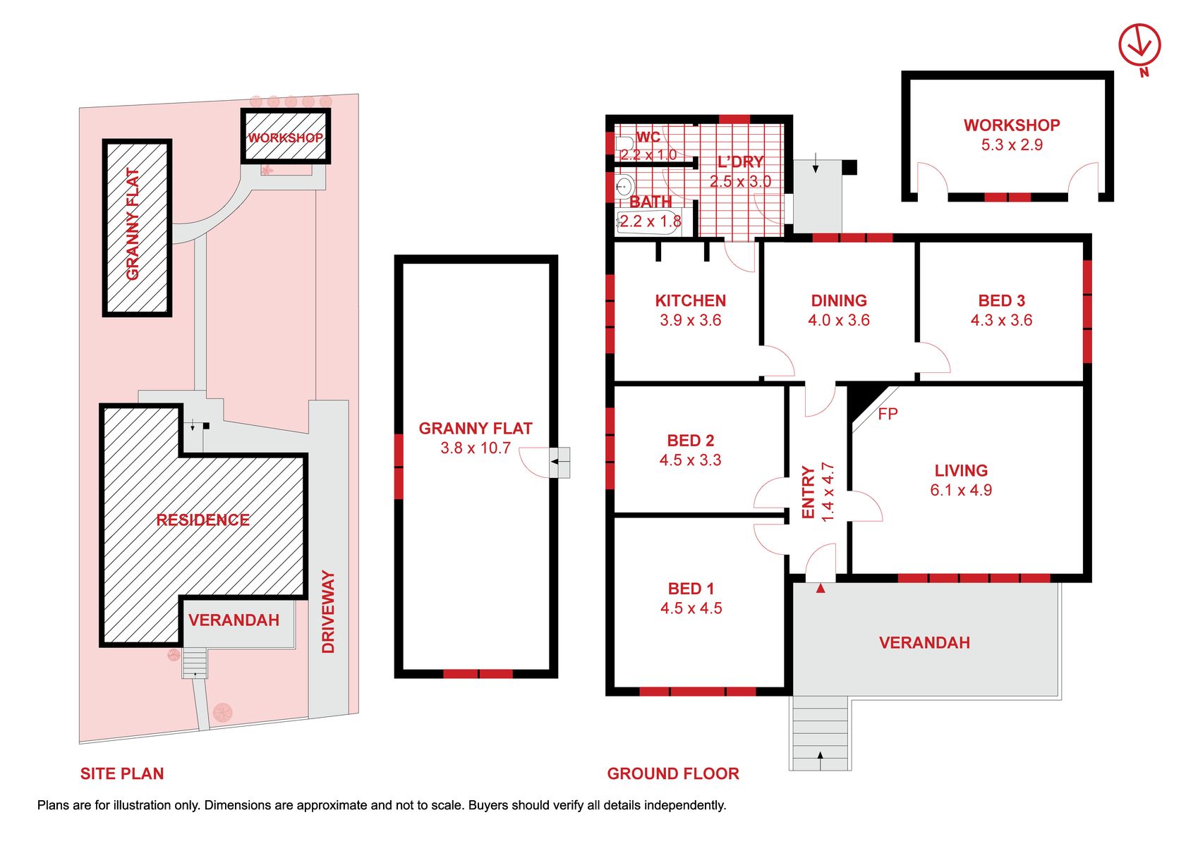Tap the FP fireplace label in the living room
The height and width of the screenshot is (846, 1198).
point(888,414)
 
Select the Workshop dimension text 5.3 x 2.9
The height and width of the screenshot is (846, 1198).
point(1012,145)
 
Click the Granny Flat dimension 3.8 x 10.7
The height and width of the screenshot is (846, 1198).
point(476,448)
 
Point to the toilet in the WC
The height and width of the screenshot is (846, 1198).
point(624,143)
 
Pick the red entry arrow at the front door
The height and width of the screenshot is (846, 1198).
point(821,589)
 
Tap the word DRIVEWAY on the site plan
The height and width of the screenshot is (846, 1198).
point(328,611)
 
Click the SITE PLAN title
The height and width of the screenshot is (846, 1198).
point(122,773)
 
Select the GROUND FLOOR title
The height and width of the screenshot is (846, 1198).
point(673,773)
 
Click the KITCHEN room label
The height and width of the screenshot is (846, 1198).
point(691,300)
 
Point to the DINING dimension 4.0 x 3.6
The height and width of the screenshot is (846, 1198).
point(839,320)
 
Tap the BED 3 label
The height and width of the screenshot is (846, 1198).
point(1002,300)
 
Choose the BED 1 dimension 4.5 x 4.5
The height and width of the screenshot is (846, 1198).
point(691,608)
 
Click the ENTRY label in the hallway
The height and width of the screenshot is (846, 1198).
point(808,492)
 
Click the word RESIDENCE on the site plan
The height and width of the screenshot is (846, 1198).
point(202,520)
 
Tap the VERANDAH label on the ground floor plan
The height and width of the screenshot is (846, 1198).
point(924,642)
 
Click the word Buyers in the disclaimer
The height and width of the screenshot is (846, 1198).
point(485,805)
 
